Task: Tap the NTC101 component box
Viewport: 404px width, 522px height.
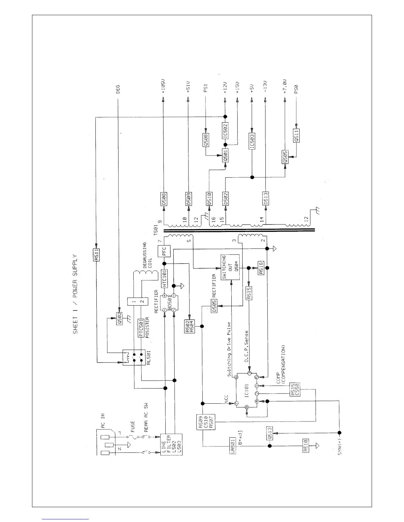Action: click(164, 278)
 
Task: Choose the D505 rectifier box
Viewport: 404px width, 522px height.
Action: click(214, 306)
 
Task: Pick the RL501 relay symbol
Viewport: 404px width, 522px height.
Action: click(134, 357)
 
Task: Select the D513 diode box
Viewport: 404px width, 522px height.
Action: click(266, 198)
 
